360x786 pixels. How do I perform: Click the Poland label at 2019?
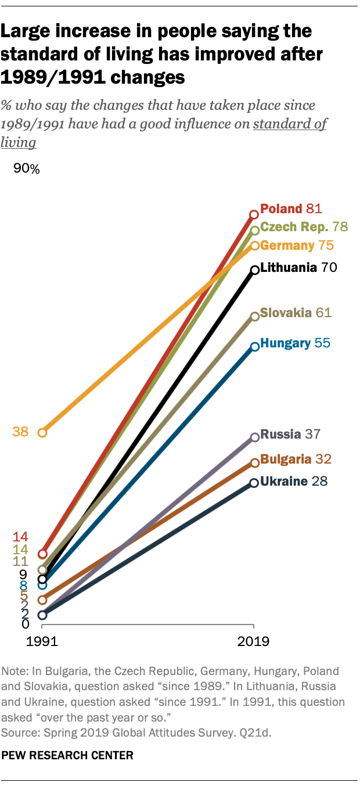point(281,209)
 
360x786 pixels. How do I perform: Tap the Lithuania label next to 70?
point(289,268)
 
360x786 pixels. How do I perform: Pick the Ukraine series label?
point(284,481)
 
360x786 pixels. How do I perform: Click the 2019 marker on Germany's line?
point(254,246)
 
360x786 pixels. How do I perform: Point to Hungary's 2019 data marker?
point(254,347)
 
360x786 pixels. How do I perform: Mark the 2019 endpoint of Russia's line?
point(254,437)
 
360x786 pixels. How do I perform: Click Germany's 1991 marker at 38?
point(42,433)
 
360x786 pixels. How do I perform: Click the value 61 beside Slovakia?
point(323,313)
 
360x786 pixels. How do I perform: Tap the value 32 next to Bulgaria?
point(324,459)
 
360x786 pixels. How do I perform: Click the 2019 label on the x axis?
point(254,642)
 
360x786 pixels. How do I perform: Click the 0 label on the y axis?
point(25,624)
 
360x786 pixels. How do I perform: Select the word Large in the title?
point(26,30)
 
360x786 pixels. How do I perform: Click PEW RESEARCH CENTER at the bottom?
point(68,755)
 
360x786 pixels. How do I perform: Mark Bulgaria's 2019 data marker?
point(254,462)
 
